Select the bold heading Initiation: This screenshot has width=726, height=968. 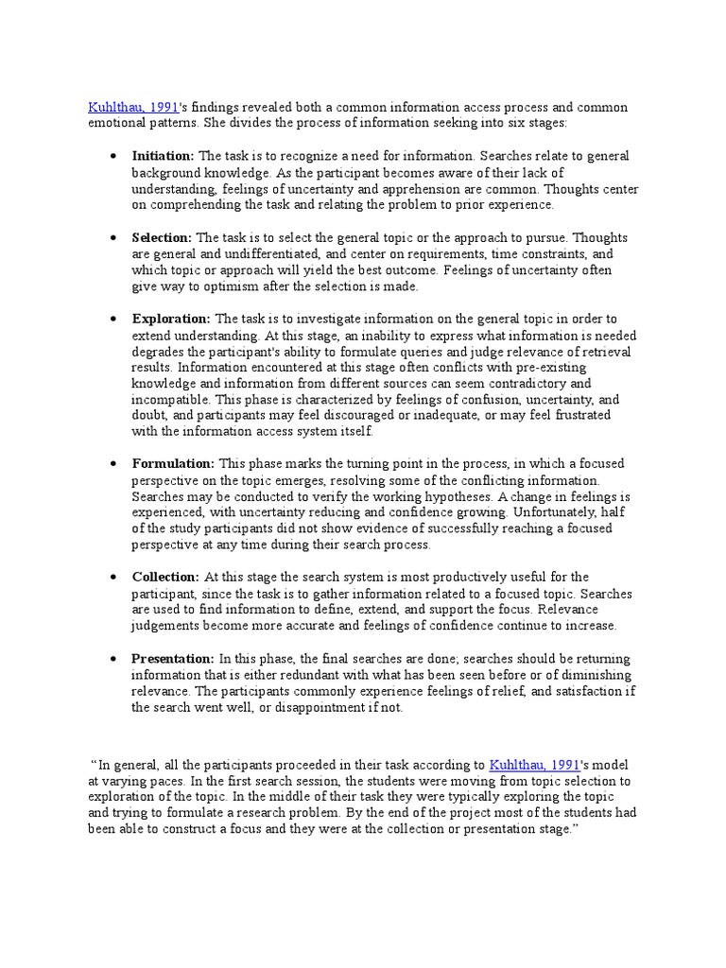click(x=163, y=156)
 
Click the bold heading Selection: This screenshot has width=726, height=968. click(x=162, y=238)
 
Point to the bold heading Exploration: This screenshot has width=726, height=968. click(x=171, y=320)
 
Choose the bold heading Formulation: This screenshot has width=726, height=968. click(x=173, y=464)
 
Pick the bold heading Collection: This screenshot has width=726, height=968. click(x=165, y=577)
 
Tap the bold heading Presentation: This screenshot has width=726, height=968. click(x=173, y=659)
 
